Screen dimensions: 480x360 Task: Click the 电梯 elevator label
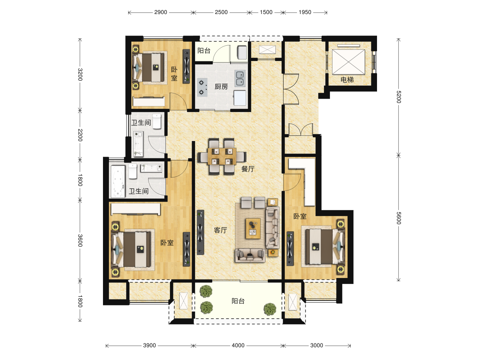tap(347, 80)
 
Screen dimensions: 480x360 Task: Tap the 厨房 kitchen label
tap(221, 87)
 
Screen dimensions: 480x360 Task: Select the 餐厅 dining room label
tap(248, 169)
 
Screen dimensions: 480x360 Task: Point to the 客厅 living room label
tap(220, 230)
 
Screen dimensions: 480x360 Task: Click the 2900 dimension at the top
tap(161, 12)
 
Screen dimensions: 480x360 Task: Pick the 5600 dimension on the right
tap(399, 218)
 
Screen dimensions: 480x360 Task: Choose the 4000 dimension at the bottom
tap(238, 345)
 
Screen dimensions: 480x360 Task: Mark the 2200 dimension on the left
tap(80, 135)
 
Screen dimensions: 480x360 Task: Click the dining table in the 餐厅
tap(222, 157)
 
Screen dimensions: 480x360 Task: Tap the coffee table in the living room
tap(253, 228)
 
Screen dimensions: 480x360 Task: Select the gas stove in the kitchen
tap(202, 87)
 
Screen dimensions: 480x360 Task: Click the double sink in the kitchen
tap(240, 78)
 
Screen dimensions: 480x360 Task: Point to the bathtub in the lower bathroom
tap(118, 181)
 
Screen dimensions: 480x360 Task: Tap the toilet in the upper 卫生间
tap(157, 121)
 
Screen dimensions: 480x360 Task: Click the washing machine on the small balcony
tap(242, 52)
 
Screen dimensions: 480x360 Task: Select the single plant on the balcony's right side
tap(270, 309)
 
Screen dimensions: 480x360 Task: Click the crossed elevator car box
tap(348, 62)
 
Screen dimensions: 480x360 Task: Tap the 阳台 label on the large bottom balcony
tap(238, 301)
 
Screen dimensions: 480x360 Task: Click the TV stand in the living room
tap(200, 232)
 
